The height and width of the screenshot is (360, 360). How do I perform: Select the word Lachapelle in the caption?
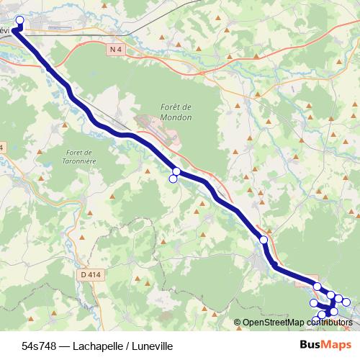tap(91, 346)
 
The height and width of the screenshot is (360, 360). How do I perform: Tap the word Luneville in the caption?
tap(148, 346)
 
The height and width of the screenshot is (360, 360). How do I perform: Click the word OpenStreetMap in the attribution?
tap(273, 323)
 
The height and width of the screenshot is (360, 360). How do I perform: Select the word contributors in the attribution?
tap(328, 323)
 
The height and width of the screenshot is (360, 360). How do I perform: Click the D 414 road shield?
tap(89, 274)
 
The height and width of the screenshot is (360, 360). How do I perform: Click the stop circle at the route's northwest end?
tap(19, 21)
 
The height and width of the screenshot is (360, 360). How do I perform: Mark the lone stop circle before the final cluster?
tap(264, 240)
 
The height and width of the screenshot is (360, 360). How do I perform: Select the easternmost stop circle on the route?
tap(346, 302)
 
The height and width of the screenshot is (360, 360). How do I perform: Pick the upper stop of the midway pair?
tap(176, 171)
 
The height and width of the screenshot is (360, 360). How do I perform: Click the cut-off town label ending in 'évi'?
tap(6, 31)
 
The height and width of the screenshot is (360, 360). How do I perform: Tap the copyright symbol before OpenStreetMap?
tap(238, 323)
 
